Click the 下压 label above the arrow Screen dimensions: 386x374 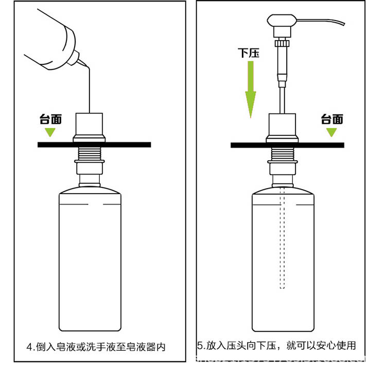(249, 53)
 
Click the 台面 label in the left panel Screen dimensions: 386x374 (50, 120)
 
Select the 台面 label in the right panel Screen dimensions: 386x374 (332, 120)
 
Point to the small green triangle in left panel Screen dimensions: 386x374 (50, 132)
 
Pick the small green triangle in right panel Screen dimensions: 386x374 (331, 132)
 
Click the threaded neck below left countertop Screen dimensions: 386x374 (90, 154)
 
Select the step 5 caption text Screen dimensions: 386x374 (277, 345)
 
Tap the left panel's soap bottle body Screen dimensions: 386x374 (90, 263)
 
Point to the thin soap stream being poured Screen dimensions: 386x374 (89, 90)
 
